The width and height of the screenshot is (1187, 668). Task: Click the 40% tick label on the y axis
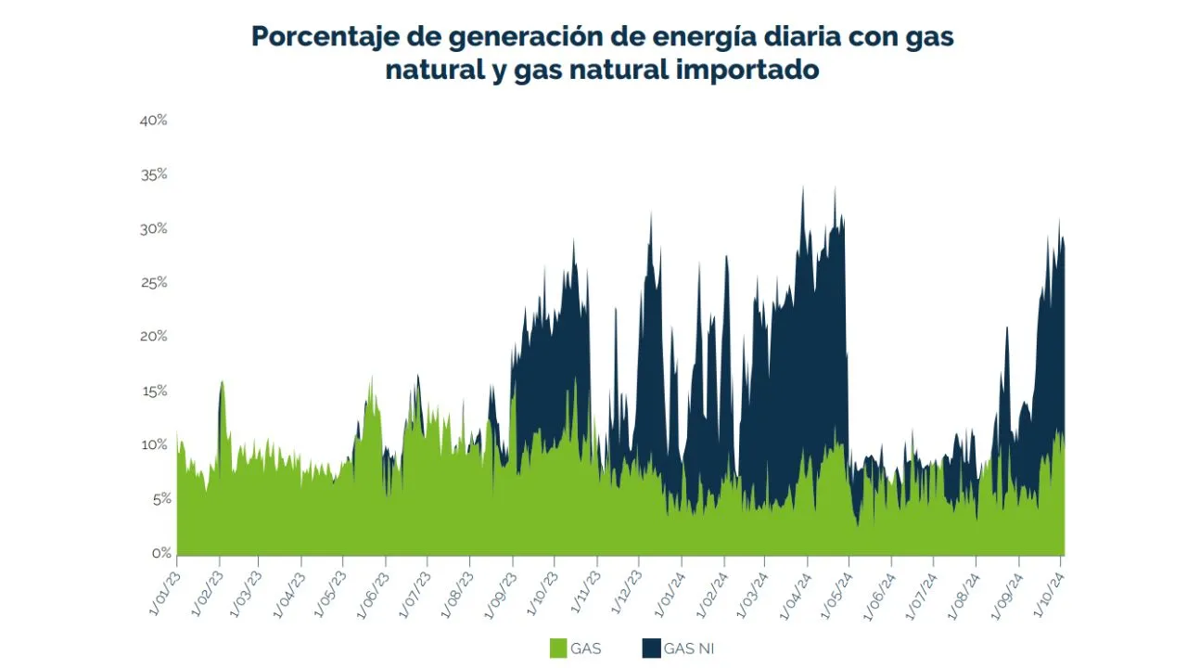154,121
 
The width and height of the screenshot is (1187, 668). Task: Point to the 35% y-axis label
154,174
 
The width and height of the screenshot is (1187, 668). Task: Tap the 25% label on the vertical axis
154,283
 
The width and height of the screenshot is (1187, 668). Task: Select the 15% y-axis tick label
154,392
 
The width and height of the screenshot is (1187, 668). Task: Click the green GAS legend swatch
557,649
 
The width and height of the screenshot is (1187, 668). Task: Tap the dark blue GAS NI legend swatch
650,649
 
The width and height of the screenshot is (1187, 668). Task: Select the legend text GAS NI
689,649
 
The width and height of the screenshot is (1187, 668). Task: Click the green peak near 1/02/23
222,383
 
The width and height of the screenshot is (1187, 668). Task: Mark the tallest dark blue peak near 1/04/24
803,189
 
